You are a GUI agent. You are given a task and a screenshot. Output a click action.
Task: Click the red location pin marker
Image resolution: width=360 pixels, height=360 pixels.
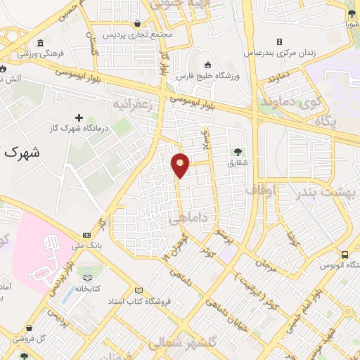click(181, 165)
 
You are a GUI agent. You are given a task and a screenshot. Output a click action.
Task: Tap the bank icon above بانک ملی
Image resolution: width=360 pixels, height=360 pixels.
click(86, 235)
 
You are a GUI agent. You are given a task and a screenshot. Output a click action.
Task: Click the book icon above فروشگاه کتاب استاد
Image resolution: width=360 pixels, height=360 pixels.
click(139, 290)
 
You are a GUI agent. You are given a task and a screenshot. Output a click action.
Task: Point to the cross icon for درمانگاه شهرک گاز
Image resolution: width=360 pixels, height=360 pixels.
click(79, 118)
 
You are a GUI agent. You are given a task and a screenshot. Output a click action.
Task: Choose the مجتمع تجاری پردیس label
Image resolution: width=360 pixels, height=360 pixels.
click(132, 34)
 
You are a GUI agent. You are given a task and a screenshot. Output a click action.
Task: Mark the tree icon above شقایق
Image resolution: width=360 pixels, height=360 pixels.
click(238, 150)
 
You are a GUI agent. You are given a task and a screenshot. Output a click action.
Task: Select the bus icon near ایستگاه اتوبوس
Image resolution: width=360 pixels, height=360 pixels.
click(345, 255)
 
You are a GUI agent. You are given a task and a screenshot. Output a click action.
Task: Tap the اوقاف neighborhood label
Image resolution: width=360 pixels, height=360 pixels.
click(262, 189)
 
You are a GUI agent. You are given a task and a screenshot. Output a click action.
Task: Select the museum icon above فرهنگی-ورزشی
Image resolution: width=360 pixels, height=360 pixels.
click(40, 43)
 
